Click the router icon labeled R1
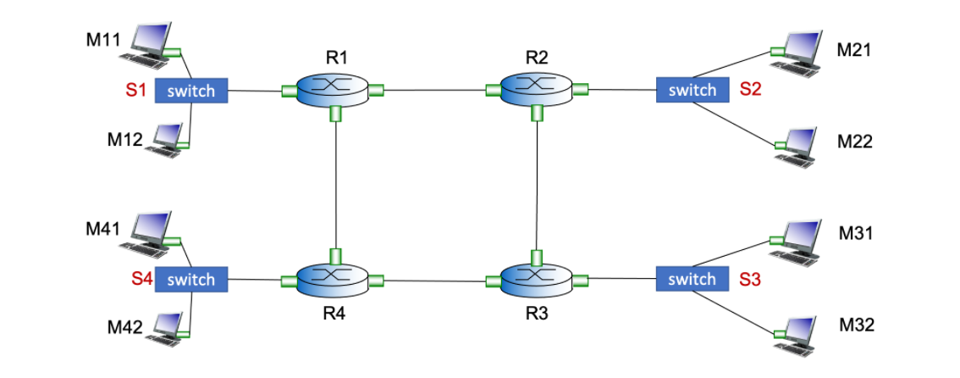[x=334, y=88]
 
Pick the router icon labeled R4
[x=334, y=278]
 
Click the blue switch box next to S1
[x=192, y=91]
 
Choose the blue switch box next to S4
[x=192, y=279]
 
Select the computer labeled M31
[x=797, y=238]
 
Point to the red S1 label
[x=136, y=90]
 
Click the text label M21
[x=854, y=50]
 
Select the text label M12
[x=124, y=140]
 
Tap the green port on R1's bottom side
[x=336, y=114]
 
